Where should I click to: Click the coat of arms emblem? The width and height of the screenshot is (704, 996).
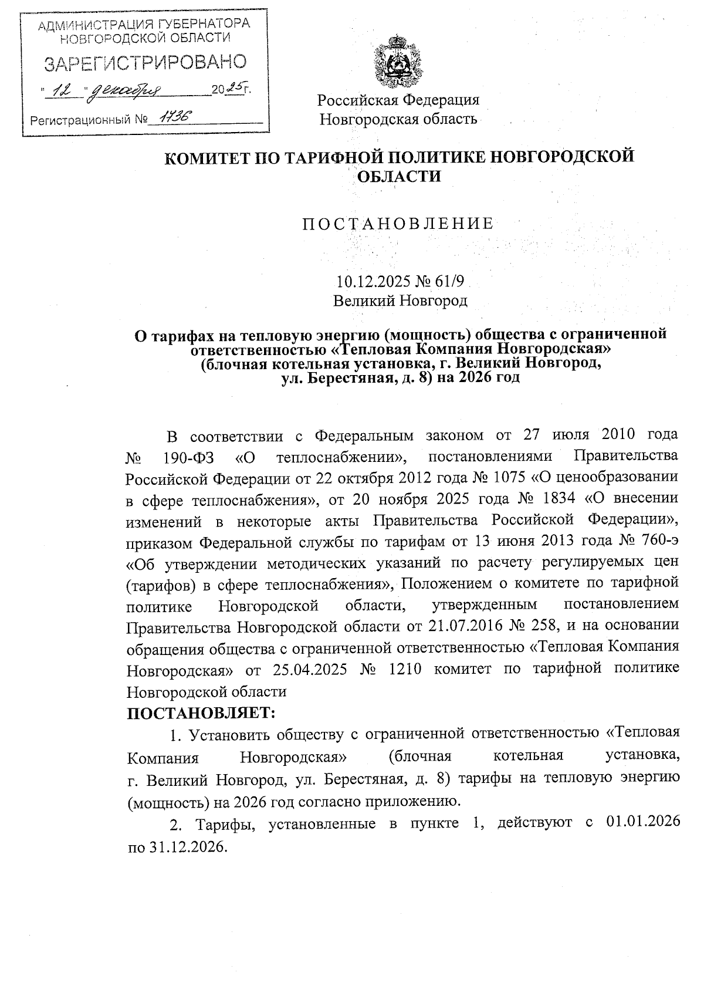click(398, 61)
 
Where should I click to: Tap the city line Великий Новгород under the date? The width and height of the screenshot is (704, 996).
click(400, 301)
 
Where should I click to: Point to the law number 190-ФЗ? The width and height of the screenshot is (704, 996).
click(187, 456)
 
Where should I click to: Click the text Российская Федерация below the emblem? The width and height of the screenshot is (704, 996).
click(398, 100)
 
